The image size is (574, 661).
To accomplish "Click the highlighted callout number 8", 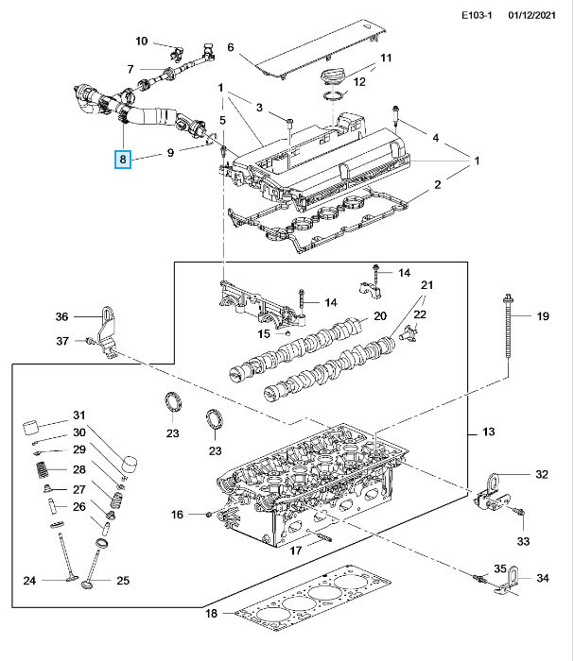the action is pos(123,160).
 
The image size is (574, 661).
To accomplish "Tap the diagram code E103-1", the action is pos(477,16).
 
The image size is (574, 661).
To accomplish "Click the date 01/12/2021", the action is pos(531,16).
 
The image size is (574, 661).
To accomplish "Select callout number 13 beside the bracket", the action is pos(488,432).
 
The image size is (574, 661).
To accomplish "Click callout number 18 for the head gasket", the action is pos(211,613).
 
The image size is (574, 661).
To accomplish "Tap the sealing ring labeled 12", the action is pos(334,96).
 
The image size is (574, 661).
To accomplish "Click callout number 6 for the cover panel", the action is pos(231,47).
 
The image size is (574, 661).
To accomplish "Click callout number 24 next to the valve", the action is pos(29,581).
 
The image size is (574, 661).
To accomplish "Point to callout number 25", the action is pos(123,581).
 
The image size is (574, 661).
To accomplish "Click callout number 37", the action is pos(62,341).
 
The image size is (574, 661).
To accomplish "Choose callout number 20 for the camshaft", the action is pos(380,315).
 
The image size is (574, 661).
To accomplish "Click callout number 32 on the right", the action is pos(542,474).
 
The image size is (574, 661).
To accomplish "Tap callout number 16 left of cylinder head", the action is pos(177,515).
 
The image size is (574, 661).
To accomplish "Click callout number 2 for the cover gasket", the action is pos(438,184).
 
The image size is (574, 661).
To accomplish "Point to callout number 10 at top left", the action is pos(142,41).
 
